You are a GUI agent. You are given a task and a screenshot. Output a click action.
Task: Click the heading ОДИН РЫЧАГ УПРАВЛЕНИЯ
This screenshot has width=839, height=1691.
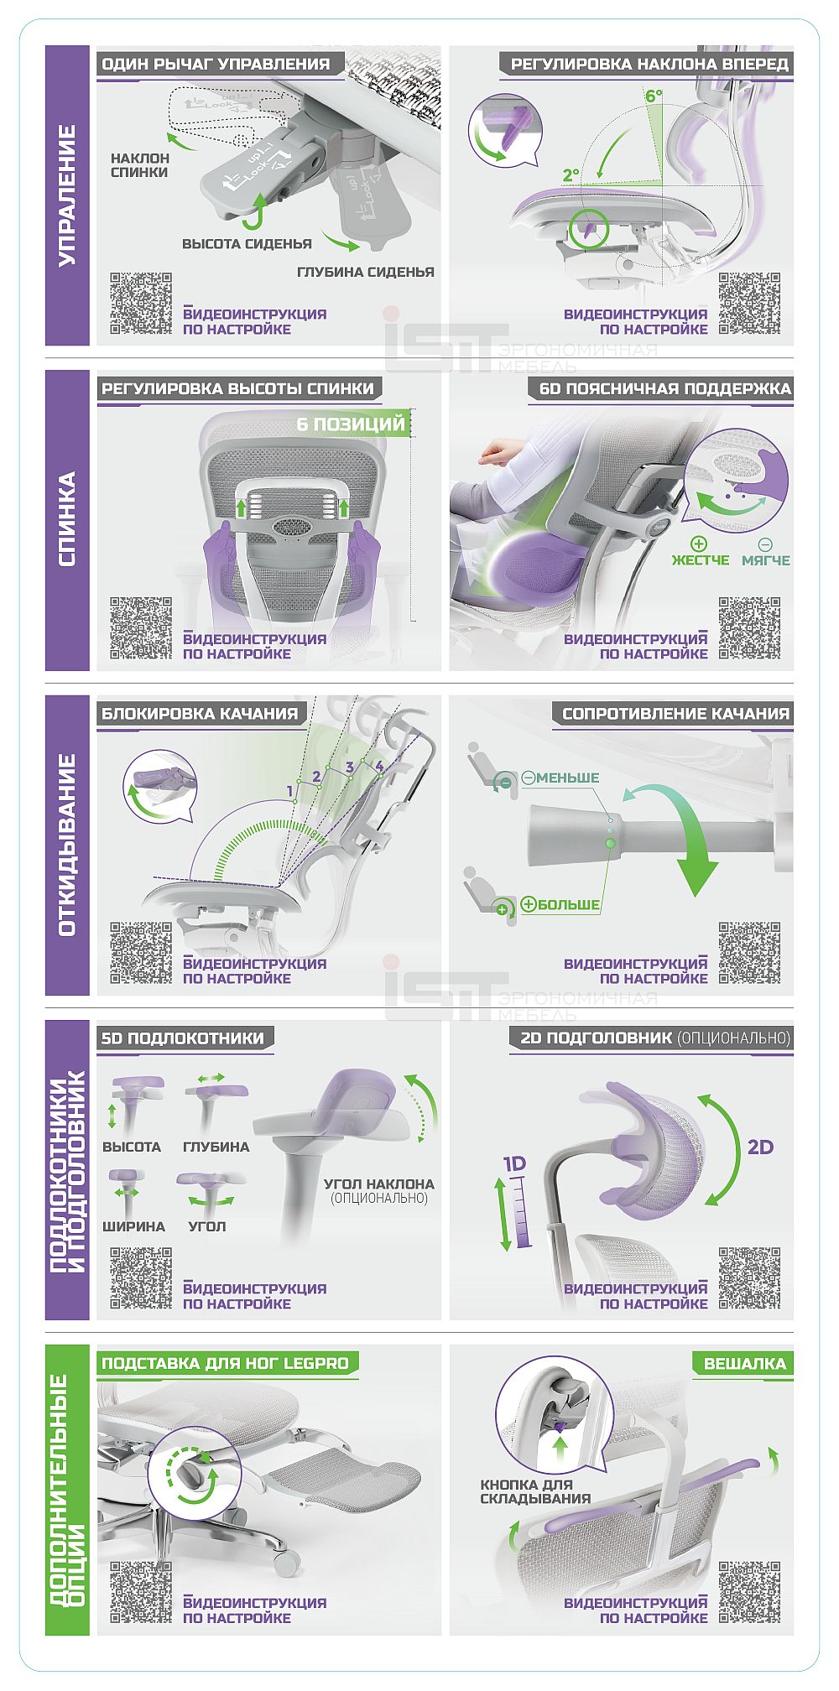coord(216,64)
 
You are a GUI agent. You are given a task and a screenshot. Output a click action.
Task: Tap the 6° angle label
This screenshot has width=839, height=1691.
coord(654,96)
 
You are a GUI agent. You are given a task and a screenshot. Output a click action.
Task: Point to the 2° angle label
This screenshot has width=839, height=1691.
coord(571,175)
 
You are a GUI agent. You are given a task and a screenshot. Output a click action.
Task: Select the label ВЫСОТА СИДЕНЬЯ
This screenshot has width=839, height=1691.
coord(247,244)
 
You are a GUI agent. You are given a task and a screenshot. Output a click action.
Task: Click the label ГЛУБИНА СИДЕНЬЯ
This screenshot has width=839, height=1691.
coord(366,272)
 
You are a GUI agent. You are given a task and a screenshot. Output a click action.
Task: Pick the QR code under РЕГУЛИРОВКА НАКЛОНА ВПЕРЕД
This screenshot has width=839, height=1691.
coord(749,304)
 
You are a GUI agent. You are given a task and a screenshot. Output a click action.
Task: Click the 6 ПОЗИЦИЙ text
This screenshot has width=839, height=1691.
coord(351,424)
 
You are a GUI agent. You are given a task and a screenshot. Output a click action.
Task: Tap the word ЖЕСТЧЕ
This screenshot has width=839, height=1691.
coord(701,559)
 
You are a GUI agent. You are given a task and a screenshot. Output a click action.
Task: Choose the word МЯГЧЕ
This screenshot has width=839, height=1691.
coord(765,559)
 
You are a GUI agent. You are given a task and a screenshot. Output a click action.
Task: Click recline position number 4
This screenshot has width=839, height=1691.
coord(379,766)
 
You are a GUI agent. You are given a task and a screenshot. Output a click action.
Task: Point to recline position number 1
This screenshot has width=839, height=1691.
coord(290,790)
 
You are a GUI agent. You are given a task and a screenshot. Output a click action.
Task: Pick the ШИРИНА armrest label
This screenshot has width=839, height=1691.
coord(133,1226)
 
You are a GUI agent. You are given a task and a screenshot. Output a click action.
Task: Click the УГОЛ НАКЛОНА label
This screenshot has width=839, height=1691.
coord(379,1184)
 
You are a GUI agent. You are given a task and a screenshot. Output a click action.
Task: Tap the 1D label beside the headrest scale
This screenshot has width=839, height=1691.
coord(513,1163)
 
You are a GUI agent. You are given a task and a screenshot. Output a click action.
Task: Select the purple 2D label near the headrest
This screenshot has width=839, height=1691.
coord(760,1147)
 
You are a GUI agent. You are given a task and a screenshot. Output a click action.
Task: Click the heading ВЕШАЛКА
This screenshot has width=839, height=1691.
coord(745,1363)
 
